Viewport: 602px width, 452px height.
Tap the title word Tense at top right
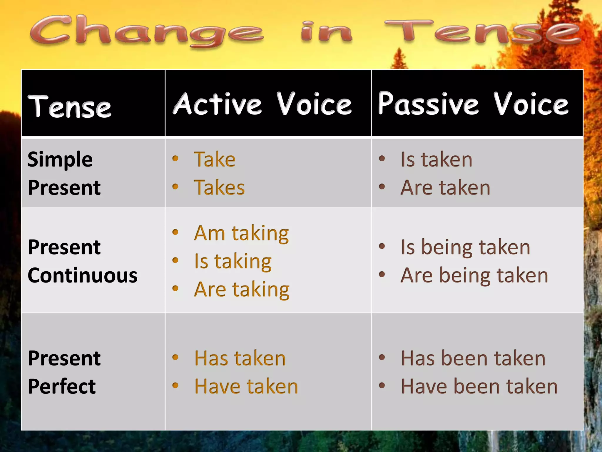click(x=482, y=32)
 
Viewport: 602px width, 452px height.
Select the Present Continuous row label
click(x=82, y=261)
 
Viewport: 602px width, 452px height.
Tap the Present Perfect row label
click(x=64, y=372)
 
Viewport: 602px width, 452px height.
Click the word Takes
click(x=219, y=187)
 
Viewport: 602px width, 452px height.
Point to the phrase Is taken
click(x=437, y=159)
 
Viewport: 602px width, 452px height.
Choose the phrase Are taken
click(x=445, y=187)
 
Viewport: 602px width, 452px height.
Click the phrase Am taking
click(x=241, y=233)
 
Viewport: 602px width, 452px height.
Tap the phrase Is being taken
click(x=466, y=247)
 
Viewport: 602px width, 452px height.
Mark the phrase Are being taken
click(x=474, y=275)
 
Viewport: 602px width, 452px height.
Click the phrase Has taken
click(x=240, y=358)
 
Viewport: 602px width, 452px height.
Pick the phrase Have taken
click(x=246, y=386)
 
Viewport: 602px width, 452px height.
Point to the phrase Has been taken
click(x=473, y=358)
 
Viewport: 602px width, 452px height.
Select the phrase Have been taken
click(x=479, y=386)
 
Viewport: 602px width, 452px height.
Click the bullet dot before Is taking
click(x=175, y=260)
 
